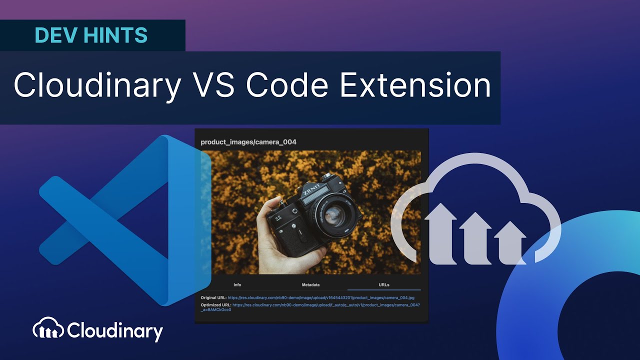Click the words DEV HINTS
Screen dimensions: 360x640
click(x=91, y=35)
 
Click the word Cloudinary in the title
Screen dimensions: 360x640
click(x=97, y=85)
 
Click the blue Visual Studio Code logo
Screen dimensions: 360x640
click(x=125, y=220)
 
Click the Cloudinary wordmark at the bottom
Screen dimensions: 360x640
click(x=114, y=331)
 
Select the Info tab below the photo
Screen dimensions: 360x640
click(x=237, y=285)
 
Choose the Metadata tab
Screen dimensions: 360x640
click(x=310, y=285)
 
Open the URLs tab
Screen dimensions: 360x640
click(x=384, y=285)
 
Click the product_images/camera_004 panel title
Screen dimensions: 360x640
click(x=248, y=142)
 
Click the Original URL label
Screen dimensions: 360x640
click(x=213, y=298)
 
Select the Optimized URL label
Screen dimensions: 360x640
click(x=216, y=304)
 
